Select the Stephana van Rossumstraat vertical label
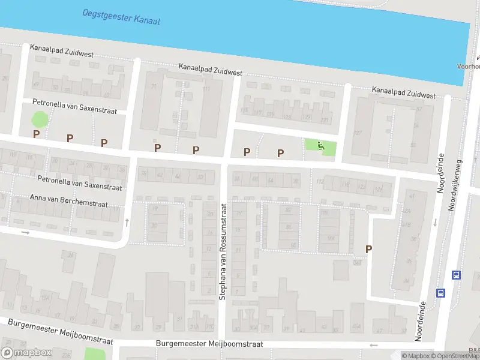[223, 251]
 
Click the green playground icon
[320, 146]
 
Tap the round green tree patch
[38, 119]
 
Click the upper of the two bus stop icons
[456, 275]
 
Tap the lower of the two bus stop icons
[441, 293]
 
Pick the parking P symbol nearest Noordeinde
[368, 249]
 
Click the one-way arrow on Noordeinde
[434, 223]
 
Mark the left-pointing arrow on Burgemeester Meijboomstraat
[374, 345]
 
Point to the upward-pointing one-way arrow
[127, 223]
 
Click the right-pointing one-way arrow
[25, 232]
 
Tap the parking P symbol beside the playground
[280, 153]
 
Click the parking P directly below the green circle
[36, 134]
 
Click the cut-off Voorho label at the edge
[469, 67]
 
